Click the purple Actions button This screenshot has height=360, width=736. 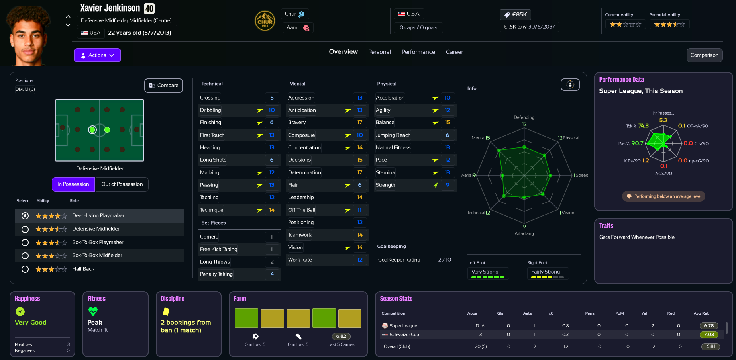tap(97, 55)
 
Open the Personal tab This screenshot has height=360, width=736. tap(379, 52)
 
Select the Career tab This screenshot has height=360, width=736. tap(454, 52)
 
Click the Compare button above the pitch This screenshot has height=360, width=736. tap(163, 86)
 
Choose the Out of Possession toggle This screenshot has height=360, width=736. tap(122, 184)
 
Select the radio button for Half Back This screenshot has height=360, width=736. tap(25, 269)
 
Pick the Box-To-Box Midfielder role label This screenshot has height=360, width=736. tap(97, 256)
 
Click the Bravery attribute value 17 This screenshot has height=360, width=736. tap(360, 123)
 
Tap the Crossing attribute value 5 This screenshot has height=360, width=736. tap(272, 98)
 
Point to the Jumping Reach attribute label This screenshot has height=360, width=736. tap(393, 135)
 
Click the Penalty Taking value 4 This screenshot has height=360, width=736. tap(272, 274)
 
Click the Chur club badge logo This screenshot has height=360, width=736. tap(265, 21)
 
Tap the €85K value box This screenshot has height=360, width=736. tap(515, 15)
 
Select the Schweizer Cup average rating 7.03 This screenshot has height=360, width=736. tap(709, 335)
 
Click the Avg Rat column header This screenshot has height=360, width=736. tap(701, 313)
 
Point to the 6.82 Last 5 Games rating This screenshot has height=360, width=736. tap(341, 337)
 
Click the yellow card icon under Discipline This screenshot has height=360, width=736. tap(166, 311)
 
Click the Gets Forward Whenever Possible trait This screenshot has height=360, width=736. tap(637, 237)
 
